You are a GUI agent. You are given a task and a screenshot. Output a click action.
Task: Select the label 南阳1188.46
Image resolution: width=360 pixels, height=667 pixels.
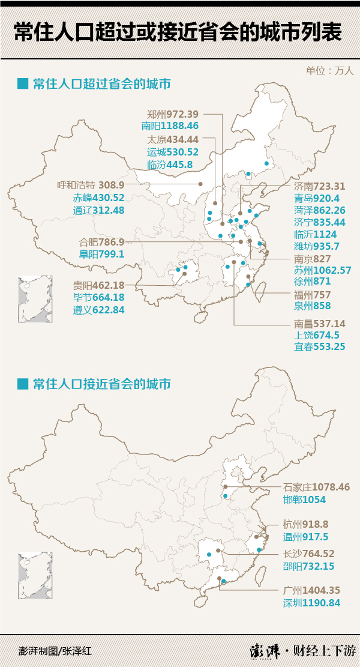click(170, 126)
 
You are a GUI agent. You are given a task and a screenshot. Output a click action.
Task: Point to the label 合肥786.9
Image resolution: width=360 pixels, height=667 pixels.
click(102, 242)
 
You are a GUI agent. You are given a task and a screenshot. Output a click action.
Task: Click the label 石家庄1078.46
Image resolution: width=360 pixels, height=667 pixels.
click(316, 487)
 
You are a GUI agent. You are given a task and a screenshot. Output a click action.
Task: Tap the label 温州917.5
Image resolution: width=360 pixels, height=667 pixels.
click(306, 537)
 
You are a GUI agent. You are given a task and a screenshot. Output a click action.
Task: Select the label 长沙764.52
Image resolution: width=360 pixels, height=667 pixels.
click(308, 554)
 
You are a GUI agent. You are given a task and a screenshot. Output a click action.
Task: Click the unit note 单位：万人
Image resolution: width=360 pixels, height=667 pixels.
click(330, 70)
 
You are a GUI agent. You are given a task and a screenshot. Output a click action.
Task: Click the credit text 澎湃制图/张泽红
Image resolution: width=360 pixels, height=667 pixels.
click(55, 650)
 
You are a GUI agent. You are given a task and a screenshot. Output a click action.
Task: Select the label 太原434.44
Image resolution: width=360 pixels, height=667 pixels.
click(173, 139)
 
